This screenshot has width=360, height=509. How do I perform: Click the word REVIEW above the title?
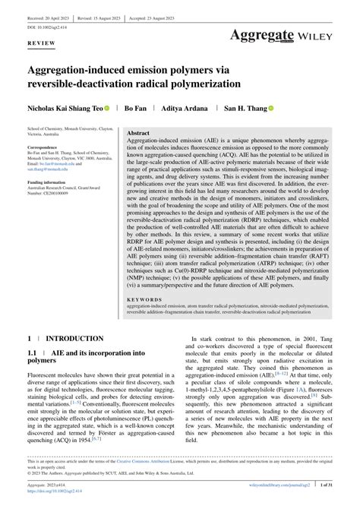coord(41,44)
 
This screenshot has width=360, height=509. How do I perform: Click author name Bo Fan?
coord(135,109)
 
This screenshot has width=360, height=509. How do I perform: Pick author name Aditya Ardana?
coord(187,109)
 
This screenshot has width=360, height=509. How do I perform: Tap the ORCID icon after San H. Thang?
coord(270,109)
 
